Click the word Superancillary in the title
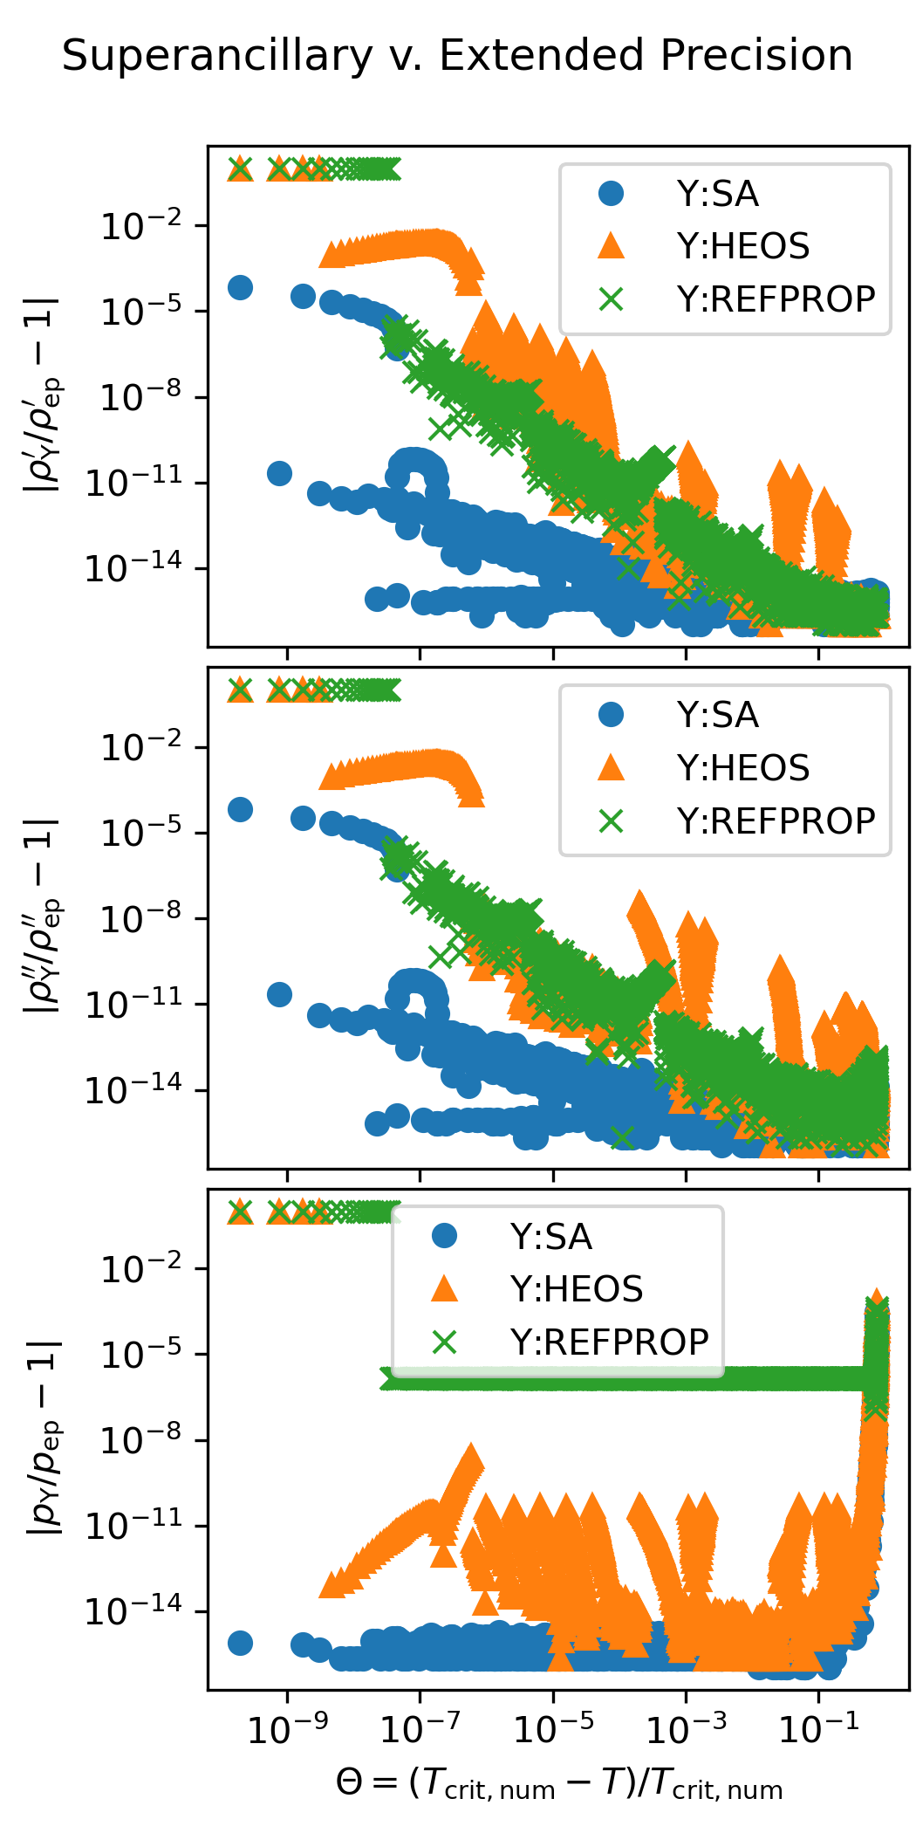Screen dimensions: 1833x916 coord(217,57)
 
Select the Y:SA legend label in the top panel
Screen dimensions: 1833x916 coord(717,194)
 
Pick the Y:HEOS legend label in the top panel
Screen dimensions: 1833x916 coord(742,246)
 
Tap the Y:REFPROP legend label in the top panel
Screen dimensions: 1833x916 coord(776,299)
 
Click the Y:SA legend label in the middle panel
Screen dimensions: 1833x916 coord(717,715)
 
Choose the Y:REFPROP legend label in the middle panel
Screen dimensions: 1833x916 coord(776,820)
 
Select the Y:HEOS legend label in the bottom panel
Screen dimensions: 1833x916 coord(576,1289)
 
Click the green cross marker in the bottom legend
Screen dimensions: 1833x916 coord(445,1342)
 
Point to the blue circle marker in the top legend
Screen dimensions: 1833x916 coord(612,194)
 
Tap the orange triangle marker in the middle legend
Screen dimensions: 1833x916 coord(612,767)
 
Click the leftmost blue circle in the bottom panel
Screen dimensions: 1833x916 coord(240,1643)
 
